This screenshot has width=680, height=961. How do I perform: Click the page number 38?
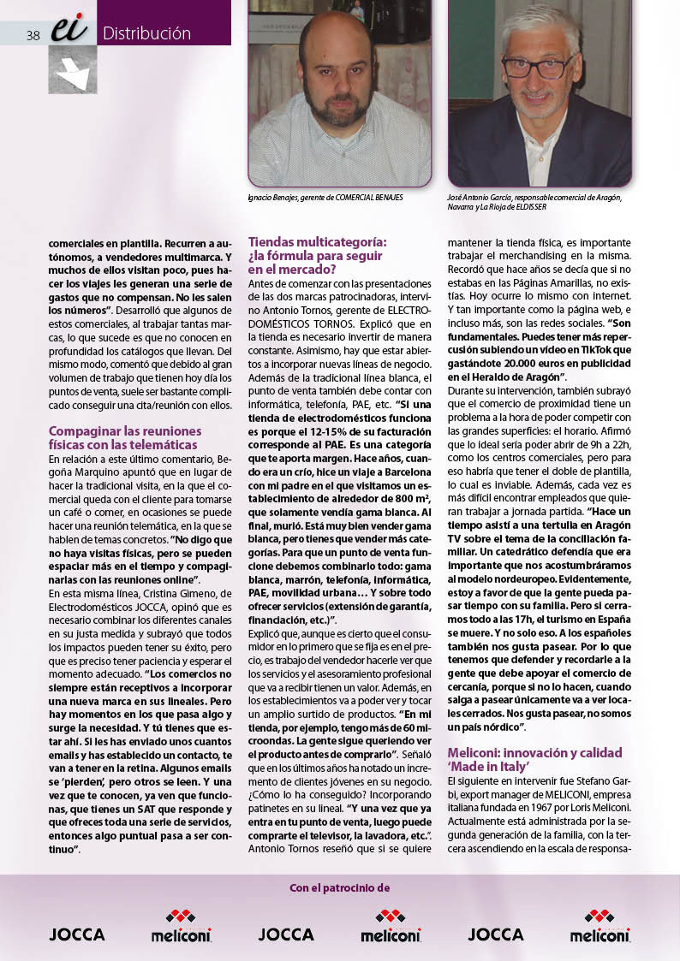[x=33, y=35]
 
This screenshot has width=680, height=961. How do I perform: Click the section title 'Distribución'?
[x=146, y=34]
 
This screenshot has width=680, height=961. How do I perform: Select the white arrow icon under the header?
[x=72, y=72]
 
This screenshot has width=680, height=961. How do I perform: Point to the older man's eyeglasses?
[x=537, y=66]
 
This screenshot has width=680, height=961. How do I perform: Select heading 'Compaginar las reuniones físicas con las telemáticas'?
[x=125, y=437]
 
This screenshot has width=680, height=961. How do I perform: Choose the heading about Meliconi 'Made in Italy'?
[x=534, y=759]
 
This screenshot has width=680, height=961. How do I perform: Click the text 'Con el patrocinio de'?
[x=340, y=888]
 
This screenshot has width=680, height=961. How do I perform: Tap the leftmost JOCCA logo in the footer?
[x=77, y=934]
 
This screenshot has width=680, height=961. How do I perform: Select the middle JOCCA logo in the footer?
[x=286, y=934]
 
